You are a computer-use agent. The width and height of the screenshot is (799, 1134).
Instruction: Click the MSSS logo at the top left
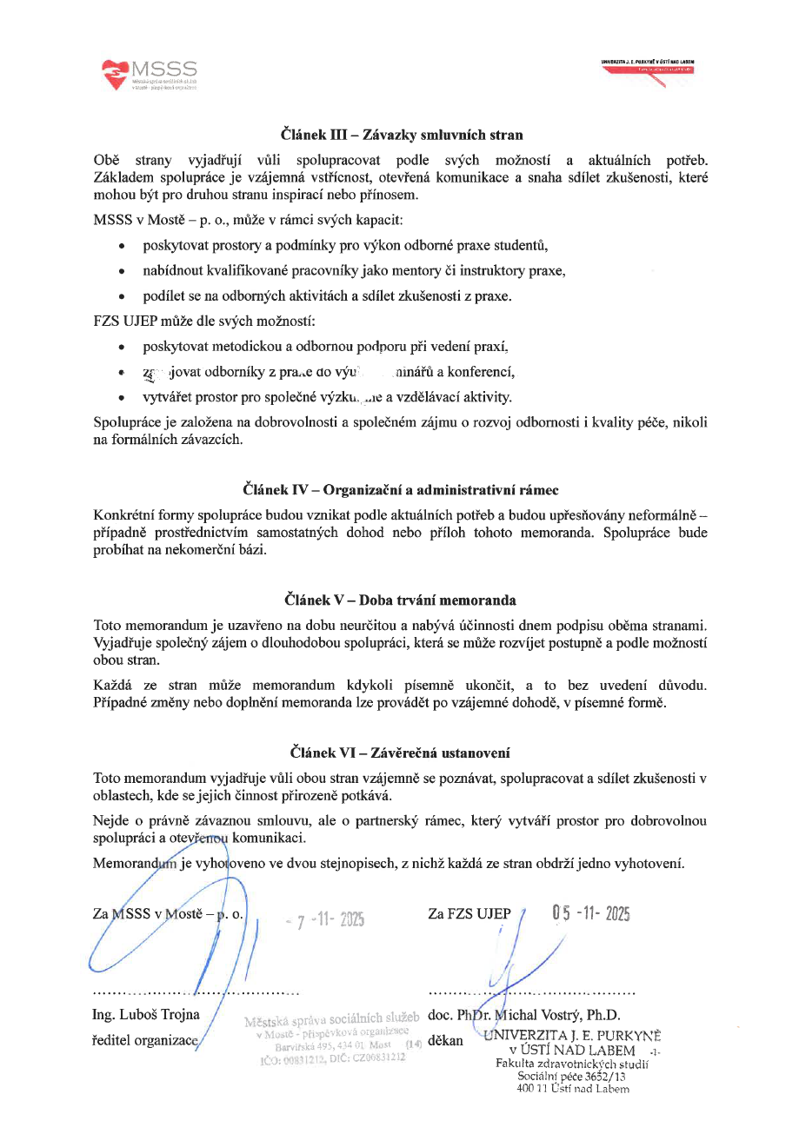150,75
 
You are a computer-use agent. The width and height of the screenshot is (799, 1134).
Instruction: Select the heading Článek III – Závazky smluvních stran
401,135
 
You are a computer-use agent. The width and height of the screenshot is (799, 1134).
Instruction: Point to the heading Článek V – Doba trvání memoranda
401,599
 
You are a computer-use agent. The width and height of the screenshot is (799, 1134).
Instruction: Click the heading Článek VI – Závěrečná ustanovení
401,752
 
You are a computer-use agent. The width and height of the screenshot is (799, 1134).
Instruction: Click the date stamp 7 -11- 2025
325,919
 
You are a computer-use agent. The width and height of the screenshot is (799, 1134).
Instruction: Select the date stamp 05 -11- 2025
590,914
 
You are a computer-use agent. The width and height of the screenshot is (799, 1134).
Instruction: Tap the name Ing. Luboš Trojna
146,1014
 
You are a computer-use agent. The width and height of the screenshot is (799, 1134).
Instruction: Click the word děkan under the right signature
446,1039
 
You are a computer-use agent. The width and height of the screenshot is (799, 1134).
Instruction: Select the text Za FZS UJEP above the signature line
469,914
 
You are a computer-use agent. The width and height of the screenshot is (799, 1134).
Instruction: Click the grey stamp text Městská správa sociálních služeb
333,1018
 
